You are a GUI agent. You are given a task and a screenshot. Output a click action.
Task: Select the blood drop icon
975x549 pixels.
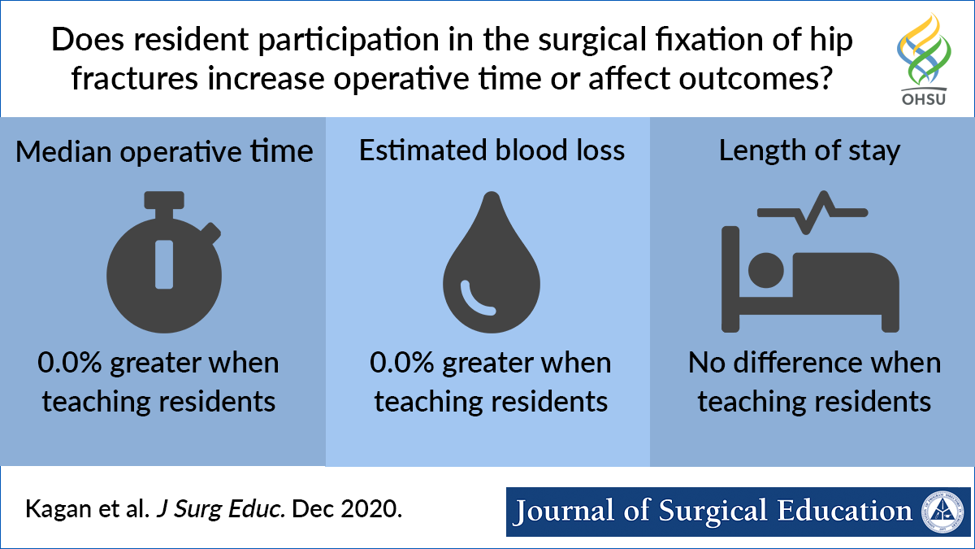point(491,264)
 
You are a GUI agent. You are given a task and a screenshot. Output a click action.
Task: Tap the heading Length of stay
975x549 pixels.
point(809,151)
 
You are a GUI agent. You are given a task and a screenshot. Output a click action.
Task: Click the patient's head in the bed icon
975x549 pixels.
point(765,269)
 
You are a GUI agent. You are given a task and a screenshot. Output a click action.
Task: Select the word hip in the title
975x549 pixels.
point(829,41)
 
